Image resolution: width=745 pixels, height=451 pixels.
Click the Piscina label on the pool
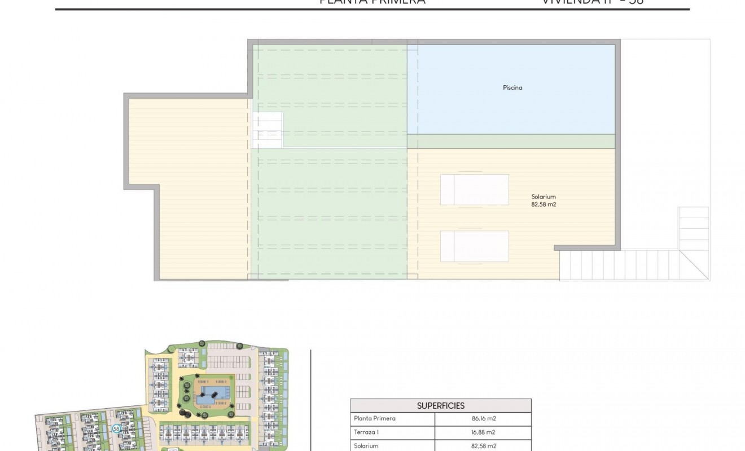512,87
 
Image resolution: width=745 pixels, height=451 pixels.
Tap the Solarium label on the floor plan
544,197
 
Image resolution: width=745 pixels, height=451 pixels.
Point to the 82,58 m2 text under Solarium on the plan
544,205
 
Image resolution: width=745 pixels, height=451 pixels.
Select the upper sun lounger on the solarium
474,189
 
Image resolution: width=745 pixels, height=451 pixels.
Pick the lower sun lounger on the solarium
474,246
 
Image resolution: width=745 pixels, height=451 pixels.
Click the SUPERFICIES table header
441,405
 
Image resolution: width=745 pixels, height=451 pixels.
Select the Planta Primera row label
375,419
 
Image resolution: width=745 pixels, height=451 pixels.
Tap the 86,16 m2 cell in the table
484,419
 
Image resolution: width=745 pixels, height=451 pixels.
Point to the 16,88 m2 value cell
484,432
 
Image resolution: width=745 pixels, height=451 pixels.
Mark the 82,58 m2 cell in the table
484,446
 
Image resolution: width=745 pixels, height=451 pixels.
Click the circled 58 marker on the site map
116,428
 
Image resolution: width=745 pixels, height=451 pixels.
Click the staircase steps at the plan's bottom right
621,265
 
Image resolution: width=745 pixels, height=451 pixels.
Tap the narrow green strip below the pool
511,141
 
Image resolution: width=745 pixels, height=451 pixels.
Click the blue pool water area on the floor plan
511,107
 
